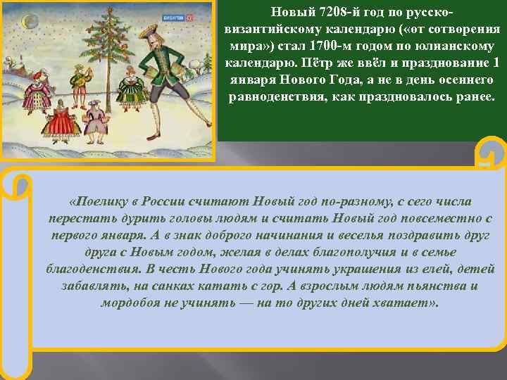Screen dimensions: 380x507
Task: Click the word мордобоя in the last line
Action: tap(132, 303)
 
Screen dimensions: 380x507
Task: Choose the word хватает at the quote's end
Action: tap(407, 303)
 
